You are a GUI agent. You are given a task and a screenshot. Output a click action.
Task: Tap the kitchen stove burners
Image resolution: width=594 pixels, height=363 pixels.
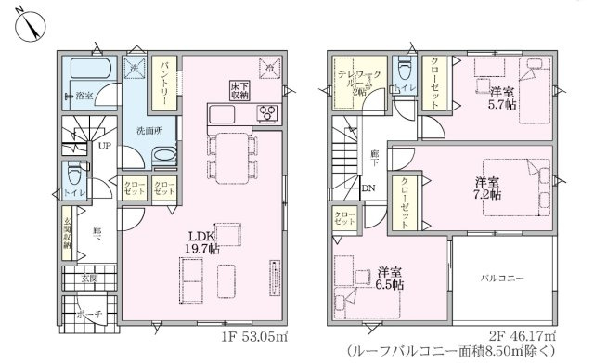coord(266,112)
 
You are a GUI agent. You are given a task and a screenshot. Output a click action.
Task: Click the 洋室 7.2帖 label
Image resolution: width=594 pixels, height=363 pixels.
coord(489,188)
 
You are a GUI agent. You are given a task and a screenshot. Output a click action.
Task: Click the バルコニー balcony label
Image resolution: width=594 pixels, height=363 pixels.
coord(502,278)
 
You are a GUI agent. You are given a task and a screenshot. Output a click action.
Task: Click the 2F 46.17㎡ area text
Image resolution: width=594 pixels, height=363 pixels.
coord(523,335)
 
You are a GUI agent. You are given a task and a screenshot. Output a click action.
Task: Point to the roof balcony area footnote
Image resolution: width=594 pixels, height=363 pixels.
coord(460,351)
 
